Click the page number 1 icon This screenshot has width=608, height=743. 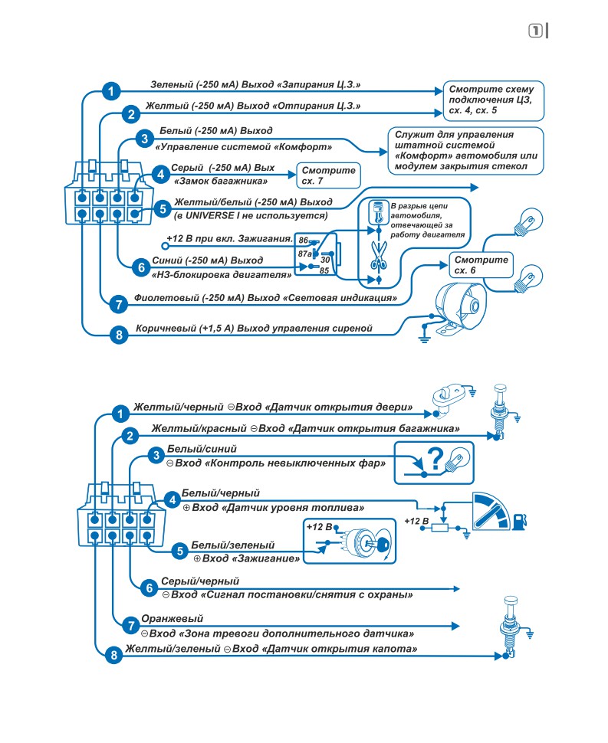pyautogui.click(x=535, y=31)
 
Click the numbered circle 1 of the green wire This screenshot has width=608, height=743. pyautogui.click(x=111, y=90)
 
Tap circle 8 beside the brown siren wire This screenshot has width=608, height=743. pyautogui.click(x=119, y=335)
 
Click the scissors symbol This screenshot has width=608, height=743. pyautogui.click(x=379, y=255)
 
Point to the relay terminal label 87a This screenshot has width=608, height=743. pyautogui.click(x=304, y=254)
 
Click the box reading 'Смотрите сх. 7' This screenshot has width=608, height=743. pyautogui.click(x=328, y=175)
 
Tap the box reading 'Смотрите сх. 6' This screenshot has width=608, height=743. pyautogui.click(x=481, y=265)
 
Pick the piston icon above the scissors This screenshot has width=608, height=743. pyautogui.click(x=379, y=212)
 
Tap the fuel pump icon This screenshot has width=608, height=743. pyautogui.click(x=519, y=521)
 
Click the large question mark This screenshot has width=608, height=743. pyautogui.click(x=435, y=458)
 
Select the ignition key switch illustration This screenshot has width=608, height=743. pyautogui.click(x=367, y=542)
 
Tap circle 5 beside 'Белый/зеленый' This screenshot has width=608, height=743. pyautogui.click(x=179, y=551)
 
